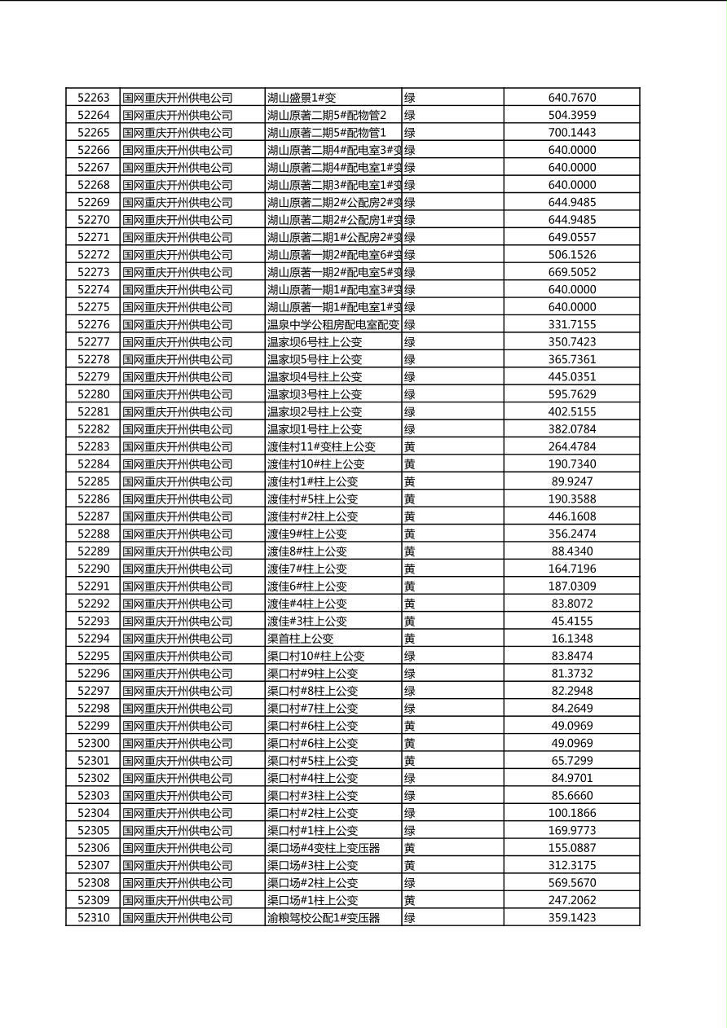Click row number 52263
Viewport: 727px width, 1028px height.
point(93,98)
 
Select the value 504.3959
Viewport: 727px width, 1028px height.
point(571,115)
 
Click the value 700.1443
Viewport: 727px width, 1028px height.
point(571,133)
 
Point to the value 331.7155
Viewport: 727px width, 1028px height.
point(571,324)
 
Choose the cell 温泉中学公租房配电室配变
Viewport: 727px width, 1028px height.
point(333,324)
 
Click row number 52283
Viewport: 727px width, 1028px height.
point(93,446)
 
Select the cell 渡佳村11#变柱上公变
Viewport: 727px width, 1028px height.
point(321,446)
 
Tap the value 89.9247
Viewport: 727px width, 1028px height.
point(571,481)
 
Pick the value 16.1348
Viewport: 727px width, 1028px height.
point(571,639)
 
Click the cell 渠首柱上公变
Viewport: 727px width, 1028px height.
point(300,639)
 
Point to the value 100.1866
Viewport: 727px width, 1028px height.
point(571,813)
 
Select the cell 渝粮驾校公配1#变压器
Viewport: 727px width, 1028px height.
point(324,918)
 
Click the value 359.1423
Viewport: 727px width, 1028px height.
point(571,918)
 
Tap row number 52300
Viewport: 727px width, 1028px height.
point(93,743)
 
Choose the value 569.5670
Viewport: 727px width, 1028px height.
point(571,883)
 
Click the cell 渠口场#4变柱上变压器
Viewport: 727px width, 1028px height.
point(324,848)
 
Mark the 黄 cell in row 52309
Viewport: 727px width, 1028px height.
point(410,900)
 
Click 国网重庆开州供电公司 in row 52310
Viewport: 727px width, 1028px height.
point(178,918)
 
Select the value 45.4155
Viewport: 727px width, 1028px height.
point(571,621)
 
